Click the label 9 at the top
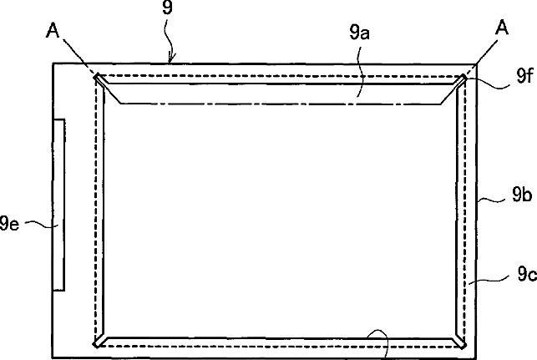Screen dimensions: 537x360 point(167,8)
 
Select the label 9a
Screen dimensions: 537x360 point(359,33)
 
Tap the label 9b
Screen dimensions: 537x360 point(522,195)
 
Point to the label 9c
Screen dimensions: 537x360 point(527,274)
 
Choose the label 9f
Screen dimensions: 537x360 point(525,75)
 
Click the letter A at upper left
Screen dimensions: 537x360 point(53,31)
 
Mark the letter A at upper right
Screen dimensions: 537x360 point(502,28)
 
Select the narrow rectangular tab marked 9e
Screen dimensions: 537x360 point(59,205)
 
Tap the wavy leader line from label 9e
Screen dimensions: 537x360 point(42,224)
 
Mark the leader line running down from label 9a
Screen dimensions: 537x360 point(359,72)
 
